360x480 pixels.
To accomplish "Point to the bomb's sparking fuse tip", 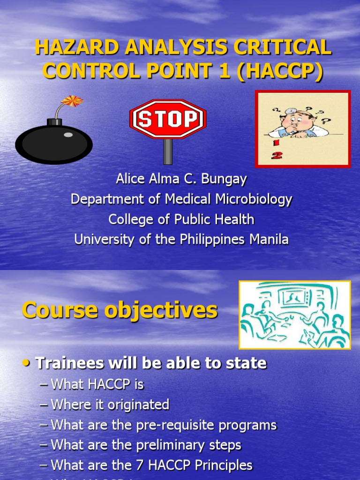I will pos(72,100).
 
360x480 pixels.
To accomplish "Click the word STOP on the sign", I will pos(167,119).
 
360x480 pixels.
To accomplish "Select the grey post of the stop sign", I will pos(167,151).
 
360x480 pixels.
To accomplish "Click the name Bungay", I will pos(225,179).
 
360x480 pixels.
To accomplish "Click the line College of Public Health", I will pos(181,219).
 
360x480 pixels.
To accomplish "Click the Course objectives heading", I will pos(120,310).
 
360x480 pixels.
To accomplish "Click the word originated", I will pos(141,405).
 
